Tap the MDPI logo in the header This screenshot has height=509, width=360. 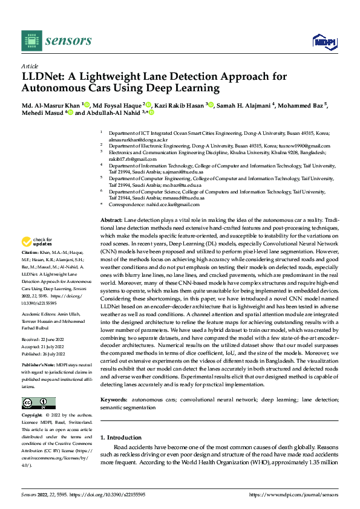324,41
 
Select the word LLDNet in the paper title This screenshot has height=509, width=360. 44,77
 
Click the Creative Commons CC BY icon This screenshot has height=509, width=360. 38,403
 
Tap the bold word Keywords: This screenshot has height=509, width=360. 114,400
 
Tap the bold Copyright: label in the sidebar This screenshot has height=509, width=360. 33,415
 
